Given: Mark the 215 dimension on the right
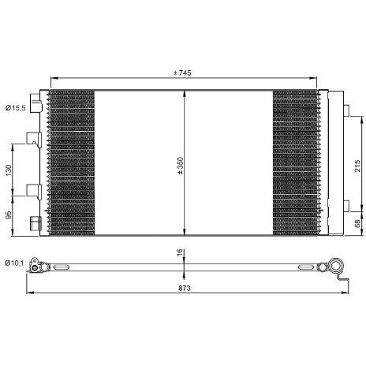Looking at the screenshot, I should [357, 165].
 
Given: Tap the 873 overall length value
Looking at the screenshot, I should [184, 288].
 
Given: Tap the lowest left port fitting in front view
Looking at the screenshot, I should [33, 223].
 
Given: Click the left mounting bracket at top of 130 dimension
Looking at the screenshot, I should [32, 139].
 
